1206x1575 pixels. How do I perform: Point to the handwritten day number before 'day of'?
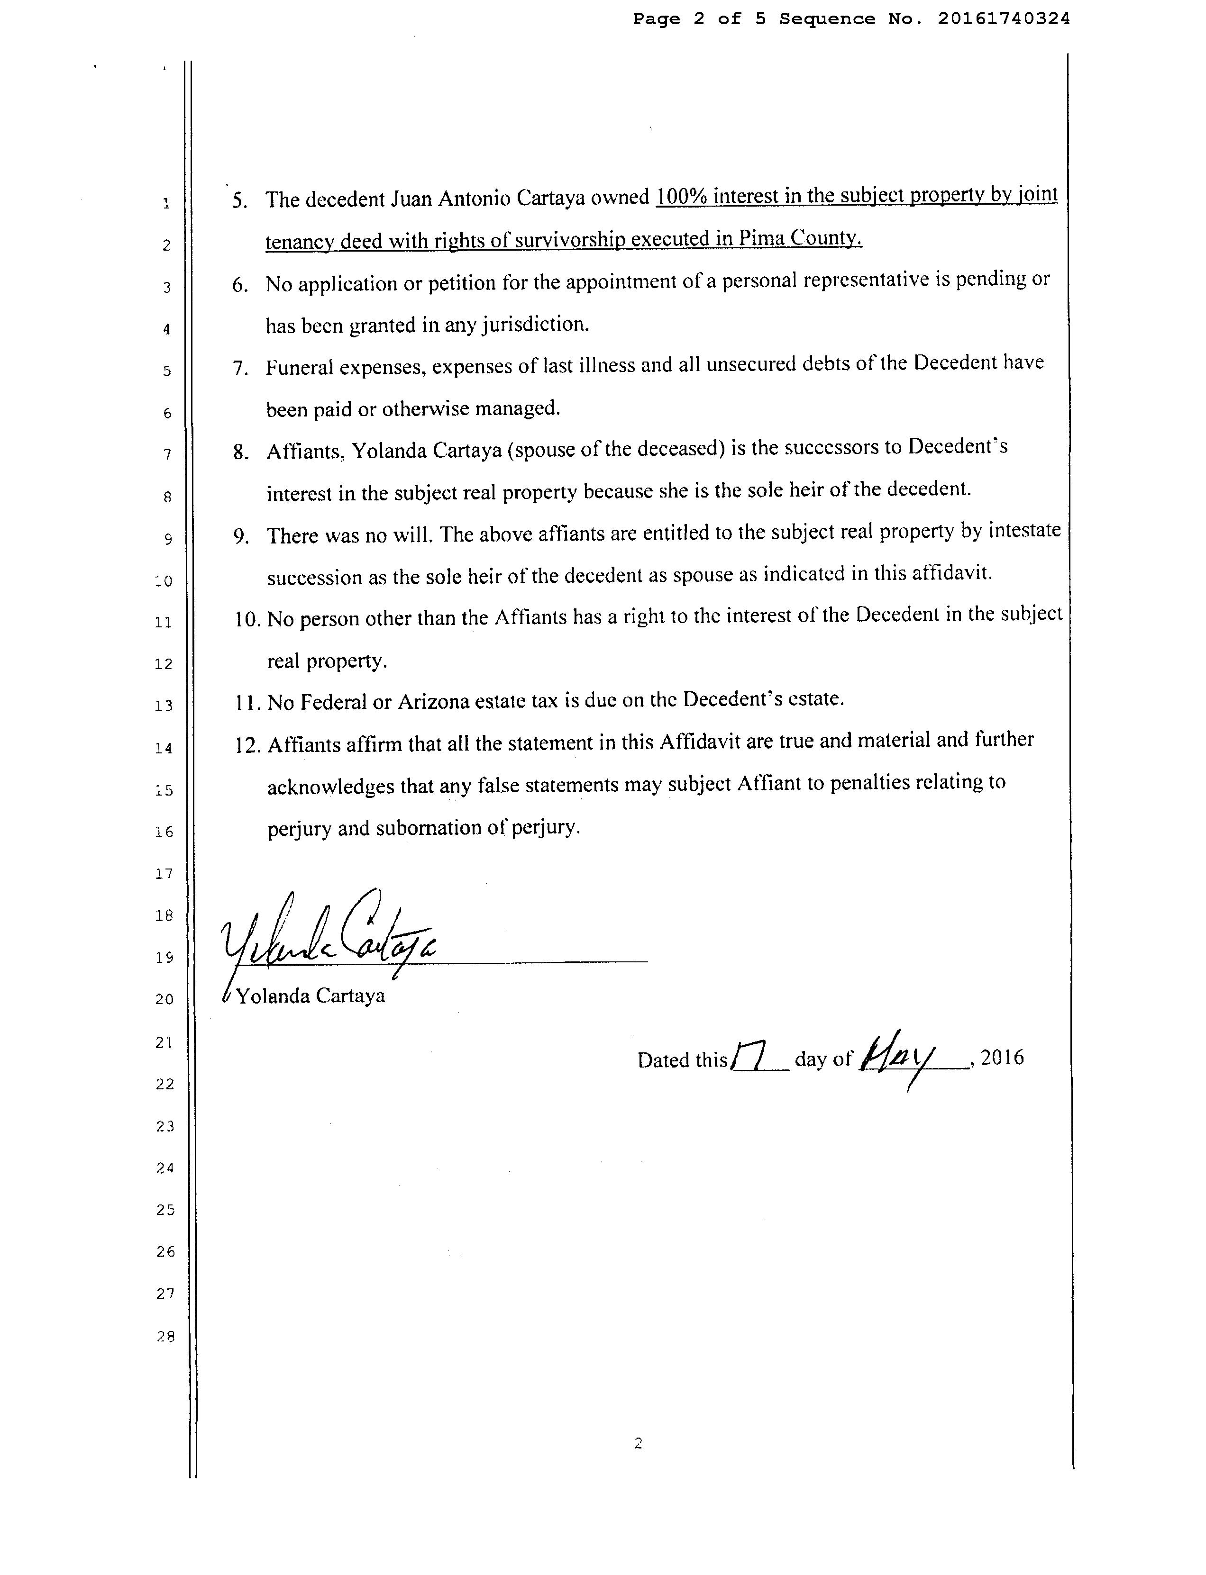click(x=749, y=1056)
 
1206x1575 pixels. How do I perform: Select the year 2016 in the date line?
click(x=1002, y=1057)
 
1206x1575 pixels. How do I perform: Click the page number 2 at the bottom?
click(x=638, y=1443)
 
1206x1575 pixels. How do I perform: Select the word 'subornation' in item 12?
click(x=428, y=828)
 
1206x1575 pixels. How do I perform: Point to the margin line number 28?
click(x=165, y=1336)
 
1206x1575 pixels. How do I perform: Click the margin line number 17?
click(x=164, y=873)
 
